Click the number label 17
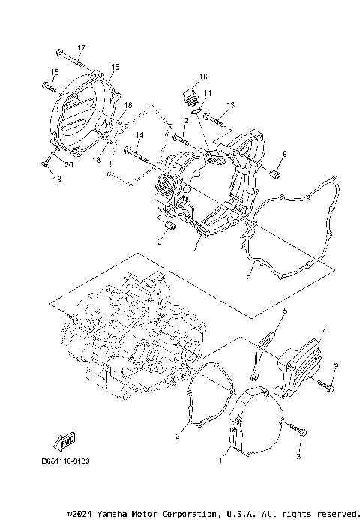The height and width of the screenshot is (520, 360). pos(82,48)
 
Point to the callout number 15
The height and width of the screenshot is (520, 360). pos(115,68)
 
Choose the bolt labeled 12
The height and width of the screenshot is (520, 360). pos(181,138)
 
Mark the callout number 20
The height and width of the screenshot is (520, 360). pos(68,164)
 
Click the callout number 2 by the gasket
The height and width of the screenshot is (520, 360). pos(178,435)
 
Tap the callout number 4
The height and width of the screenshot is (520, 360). pos(324,329)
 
